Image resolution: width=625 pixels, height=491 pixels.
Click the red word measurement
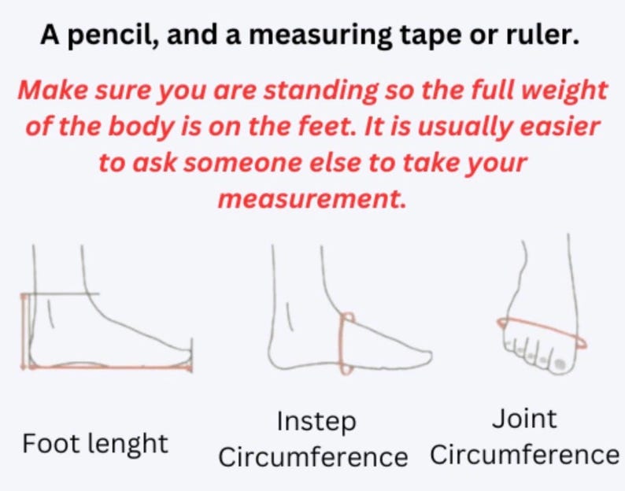pyautogui.click(x=312, y=198)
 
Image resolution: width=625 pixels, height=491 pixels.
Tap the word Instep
pyautogui.click(x=316, y=422)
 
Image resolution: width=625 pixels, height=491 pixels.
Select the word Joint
pyautogui.click(x=523, y=419)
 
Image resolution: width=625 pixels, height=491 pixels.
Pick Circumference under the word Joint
pyautogui.click(x=524, y=455)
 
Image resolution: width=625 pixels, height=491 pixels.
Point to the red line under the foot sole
pyautogui.click(x=110, y=367)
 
